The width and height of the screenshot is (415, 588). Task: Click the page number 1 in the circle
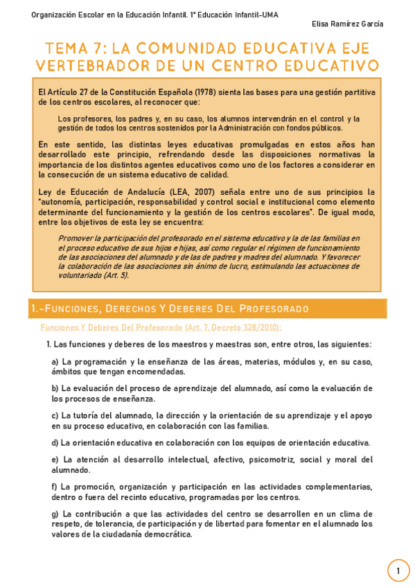[x=398, y=571]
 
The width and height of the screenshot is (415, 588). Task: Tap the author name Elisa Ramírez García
[x=347, y=24]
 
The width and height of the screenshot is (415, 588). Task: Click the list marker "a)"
[x=55, y=361]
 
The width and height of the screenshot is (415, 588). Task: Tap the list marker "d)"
[x=55, y=442]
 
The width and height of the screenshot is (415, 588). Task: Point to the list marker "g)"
[x=55, y=514]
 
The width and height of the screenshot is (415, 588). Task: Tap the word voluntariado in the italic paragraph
[x=78, y=275]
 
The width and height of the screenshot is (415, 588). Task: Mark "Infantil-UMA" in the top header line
[x=254, y=15]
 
